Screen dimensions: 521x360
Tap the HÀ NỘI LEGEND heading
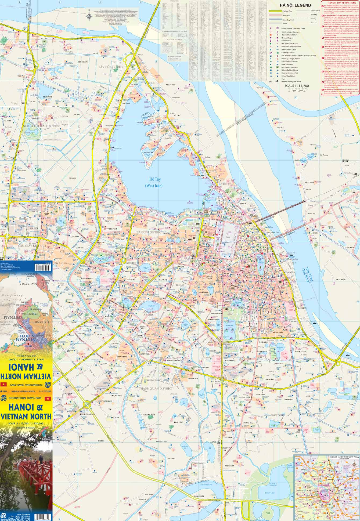[295, 5]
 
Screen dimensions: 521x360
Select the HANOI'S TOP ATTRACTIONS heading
[340, 2]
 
